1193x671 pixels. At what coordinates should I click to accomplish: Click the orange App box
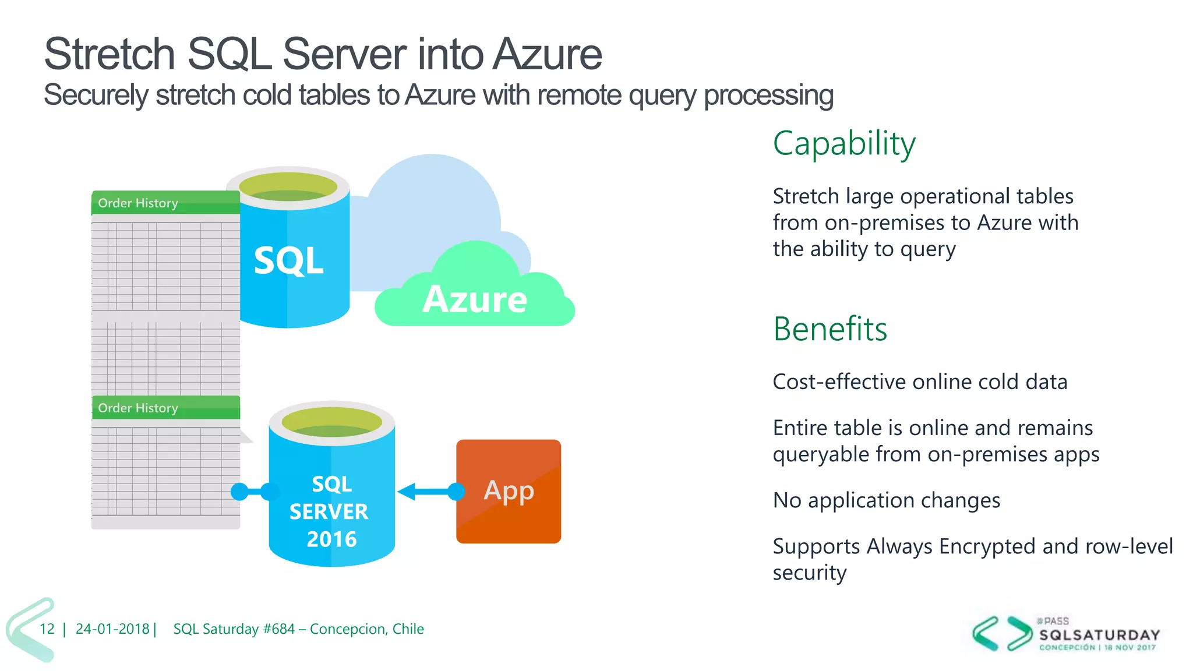pos(509,491)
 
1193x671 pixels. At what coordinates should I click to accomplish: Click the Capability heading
pos(843,143)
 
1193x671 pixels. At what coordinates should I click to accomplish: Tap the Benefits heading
pos(830,329)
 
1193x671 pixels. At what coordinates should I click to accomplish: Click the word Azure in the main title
pos(547,54)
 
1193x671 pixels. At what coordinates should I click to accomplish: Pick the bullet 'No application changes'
pos(886,500)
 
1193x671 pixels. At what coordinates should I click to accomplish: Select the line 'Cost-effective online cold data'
pos(919,382)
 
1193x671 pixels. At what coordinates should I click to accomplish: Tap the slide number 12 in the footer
pos(47,629)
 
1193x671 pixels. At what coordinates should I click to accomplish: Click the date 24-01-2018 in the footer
pos(112,629)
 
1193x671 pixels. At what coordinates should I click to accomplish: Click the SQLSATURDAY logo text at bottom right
pos(1099,635)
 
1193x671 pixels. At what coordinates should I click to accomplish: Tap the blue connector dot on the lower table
pos(239,492)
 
